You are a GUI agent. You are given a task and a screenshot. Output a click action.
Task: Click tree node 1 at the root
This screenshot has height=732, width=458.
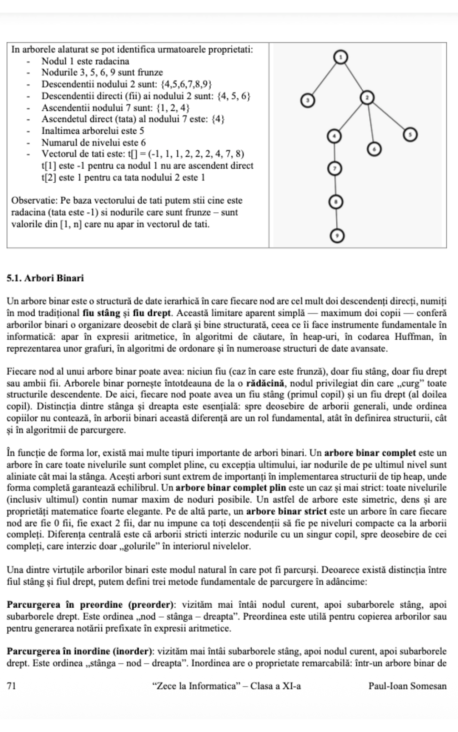pyautogui.click(x=341, y=57)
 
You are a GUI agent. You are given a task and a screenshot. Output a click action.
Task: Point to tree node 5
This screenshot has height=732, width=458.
pyautogui.click(x=410, y=135)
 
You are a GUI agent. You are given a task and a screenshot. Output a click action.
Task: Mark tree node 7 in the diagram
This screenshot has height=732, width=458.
pyautogui.click(x=335, y=168)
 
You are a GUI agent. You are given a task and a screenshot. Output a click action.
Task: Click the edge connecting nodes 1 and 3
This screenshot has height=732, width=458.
pyautogui.click(x=324, y=79)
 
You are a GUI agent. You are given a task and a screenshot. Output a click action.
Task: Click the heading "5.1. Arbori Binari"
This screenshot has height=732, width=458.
pyautogui.click(x=45, y=278)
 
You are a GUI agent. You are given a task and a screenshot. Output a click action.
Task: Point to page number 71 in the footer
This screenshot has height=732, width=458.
pyautogui.click(x=11, y=686)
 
